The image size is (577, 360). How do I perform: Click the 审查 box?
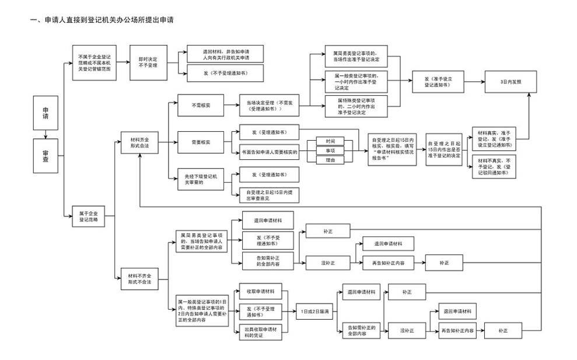(x=46, y=155)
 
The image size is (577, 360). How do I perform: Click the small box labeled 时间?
(x=331, y=141)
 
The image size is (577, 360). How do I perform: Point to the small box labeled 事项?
(x=331, y=150)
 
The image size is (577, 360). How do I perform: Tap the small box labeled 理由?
(x=331, y=159)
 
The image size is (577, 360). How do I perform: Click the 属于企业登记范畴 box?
(x=88, y=216)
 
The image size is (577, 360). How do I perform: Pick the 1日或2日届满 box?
(x=314, y=311)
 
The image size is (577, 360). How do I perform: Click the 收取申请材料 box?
(x=260, y=291)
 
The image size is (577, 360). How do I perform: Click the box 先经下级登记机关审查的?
(x=197, y=177)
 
